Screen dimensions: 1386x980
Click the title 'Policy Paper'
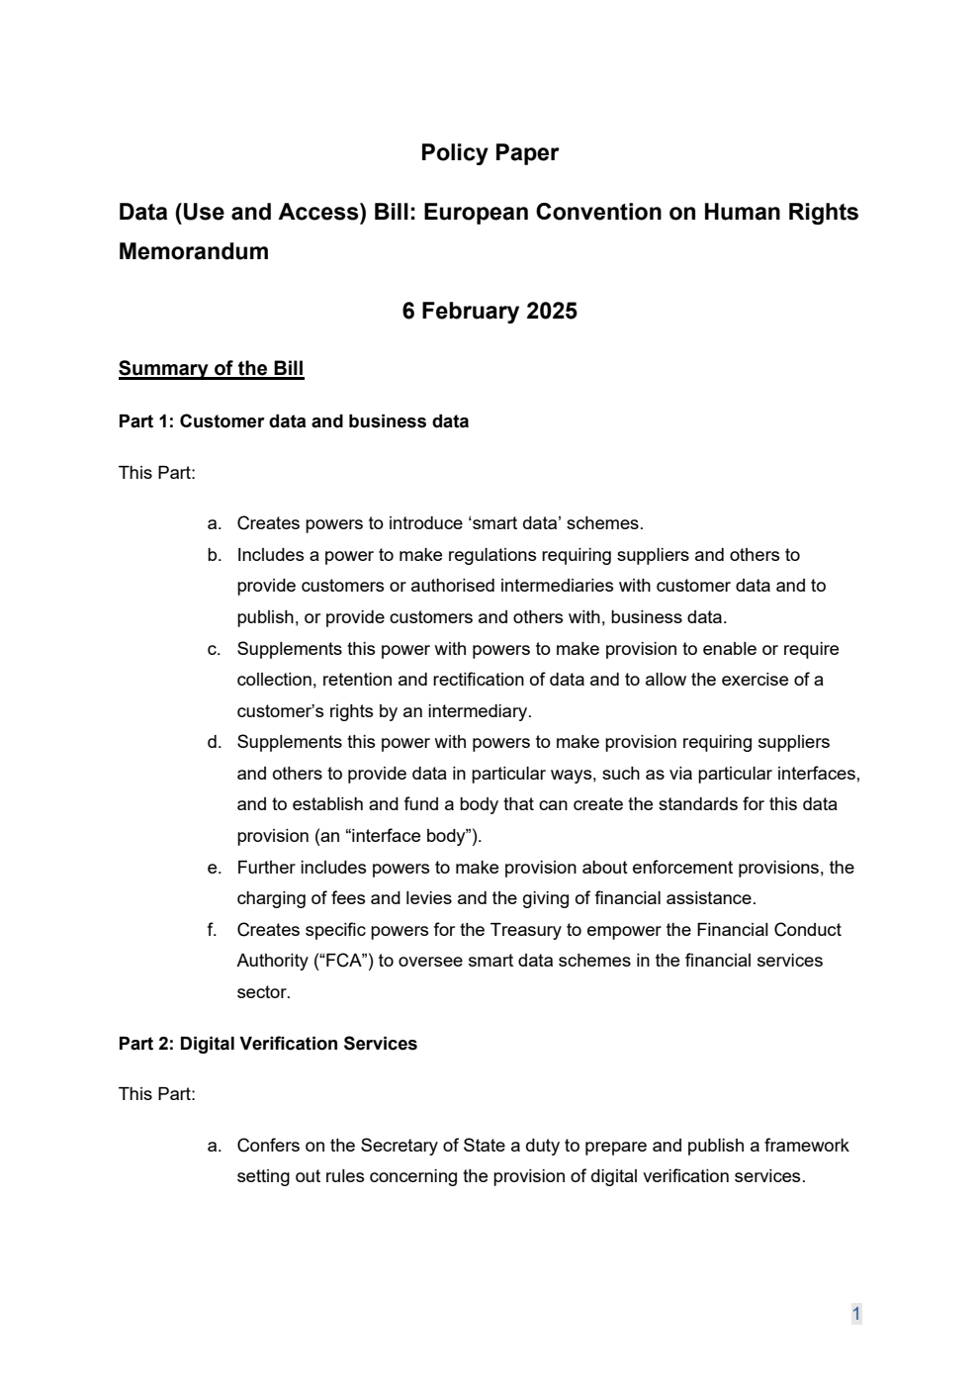tap(490, 152)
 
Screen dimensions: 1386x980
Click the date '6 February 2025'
tap(490, 311)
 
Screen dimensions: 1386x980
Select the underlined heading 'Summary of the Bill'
tap(211, 369)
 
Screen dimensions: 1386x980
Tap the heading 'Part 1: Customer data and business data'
tap(293, 421)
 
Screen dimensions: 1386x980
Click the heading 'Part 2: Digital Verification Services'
tap(267, 1044)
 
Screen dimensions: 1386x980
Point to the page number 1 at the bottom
tap(855, 1314)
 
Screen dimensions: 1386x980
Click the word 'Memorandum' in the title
tap(193, 251)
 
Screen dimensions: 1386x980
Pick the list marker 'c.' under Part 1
tap(214, 649)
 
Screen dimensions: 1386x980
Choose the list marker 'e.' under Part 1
tap(214, 868)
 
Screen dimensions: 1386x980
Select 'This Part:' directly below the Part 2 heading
tap(157, 1094)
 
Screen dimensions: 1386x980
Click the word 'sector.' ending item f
tap(263, 992)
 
